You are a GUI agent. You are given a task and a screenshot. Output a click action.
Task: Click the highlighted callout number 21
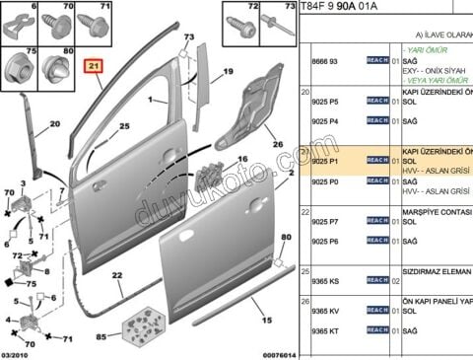coord(95,67)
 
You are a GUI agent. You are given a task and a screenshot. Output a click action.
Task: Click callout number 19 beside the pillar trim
coord(227,73)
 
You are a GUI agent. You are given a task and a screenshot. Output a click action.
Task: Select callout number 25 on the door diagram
coord(124,127)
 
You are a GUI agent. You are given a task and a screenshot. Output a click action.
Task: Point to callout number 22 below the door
coord(116,275)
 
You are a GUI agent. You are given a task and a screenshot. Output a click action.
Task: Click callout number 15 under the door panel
coord(264,321)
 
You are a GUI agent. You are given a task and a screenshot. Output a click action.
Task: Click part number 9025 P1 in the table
coord(325,162)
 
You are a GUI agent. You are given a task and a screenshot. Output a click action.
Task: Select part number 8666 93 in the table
coord(326,61)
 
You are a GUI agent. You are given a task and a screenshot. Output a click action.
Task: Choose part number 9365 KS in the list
coord(326,281)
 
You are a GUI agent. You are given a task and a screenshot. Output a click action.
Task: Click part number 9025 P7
coord(326,222)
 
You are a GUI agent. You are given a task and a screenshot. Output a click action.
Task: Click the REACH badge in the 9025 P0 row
coord(377,181)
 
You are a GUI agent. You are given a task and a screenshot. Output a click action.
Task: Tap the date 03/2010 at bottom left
coord(18,353)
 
